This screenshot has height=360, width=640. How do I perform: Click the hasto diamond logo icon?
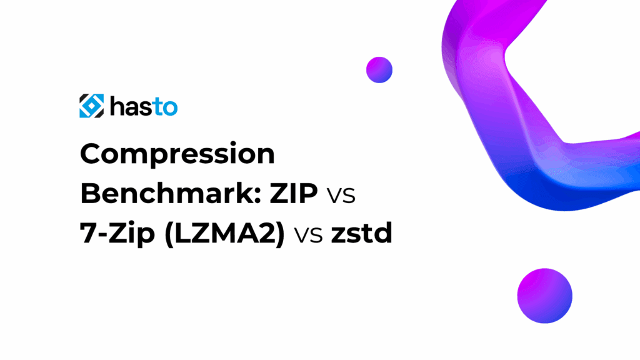tap(91, 106)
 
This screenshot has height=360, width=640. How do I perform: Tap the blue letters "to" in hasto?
tap(165, 107)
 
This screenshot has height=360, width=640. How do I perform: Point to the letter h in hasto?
tap(117, 106)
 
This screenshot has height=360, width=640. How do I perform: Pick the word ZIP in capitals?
tap(294, 194)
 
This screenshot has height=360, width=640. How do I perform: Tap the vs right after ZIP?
tap(341, 195)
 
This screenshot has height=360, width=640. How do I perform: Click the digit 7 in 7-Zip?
tap(87, 234)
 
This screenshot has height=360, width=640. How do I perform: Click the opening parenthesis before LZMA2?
tap(169, 234)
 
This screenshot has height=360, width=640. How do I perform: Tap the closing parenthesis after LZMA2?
tap(280, 234)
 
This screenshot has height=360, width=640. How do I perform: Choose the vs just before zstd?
tap(309, 235)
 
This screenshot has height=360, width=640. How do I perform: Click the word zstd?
tap(362, 233)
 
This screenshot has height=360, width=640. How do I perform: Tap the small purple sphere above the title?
tap(379, 70)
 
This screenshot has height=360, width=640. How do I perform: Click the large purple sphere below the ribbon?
tap(544, 296)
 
